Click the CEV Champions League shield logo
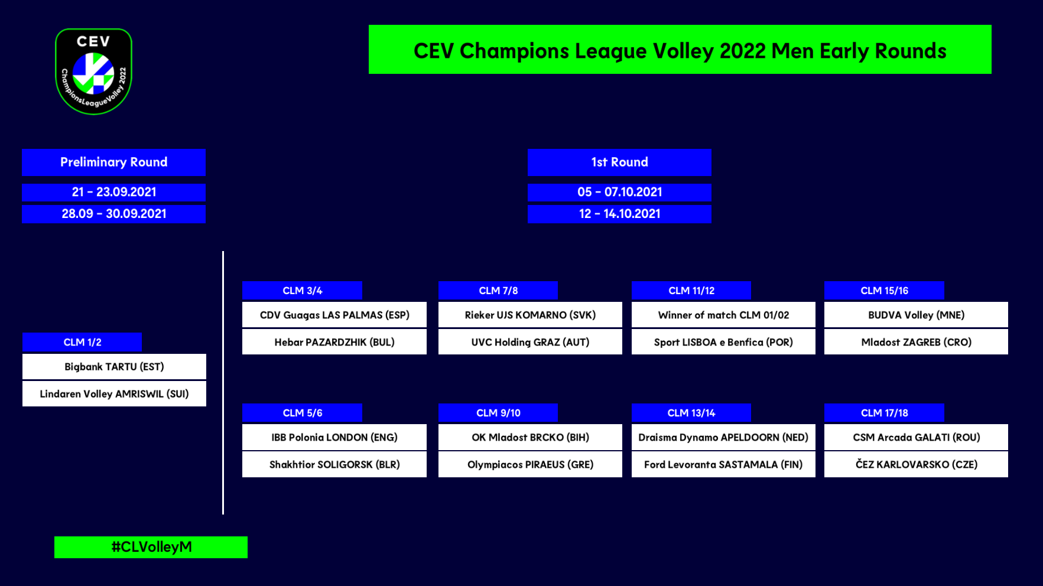93,71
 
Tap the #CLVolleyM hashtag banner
151,547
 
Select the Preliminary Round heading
113,162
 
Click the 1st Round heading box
619,162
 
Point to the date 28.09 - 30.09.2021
113,214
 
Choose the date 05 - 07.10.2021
619,193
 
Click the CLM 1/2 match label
82,343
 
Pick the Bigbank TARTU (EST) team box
114,367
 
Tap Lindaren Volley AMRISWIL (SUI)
114,394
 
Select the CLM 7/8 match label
498,291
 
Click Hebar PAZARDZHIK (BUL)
334,342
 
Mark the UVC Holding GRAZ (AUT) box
530,342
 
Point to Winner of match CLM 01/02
723,315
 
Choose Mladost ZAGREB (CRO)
916,342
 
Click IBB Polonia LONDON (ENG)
334,437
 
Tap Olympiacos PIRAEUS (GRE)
530,464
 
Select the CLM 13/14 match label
691,413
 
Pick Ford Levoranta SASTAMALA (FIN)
723,464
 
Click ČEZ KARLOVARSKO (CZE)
916,464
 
